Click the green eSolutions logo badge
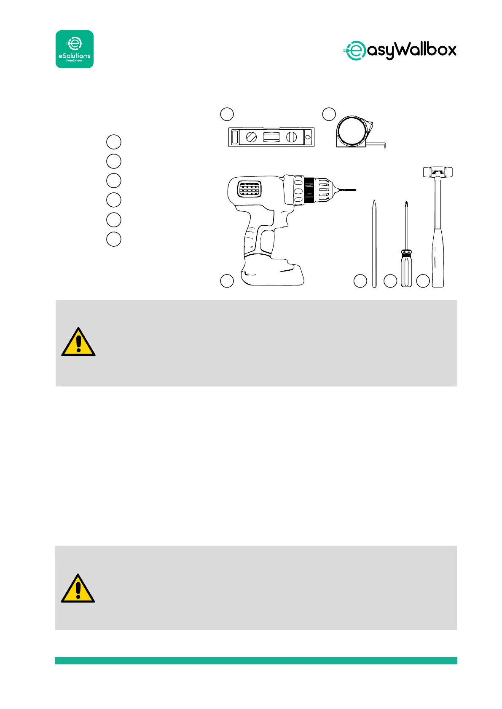[75, 49]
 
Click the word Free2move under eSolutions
[75, 61]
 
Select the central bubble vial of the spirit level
[271, 137]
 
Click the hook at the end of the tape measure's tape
[384, 146]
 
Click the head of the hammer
[438, 172]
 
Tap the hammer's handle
[438, 253]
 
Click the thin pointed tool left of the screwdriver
[374, 244]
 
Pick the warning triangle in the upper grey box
[78, 342]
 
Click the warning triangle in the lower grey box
[78, 589]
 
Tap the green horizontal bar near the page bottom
[256, 661]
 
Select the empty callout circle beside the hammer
[423, 281]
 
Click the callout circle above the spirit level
[227, 114]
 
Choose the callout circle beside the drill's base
[227, 281]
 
